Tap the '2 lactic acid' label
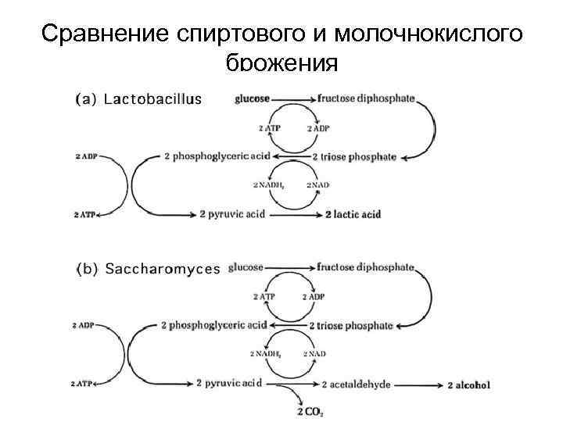tap(353, 214)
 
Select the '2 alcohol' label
tap(469, 384)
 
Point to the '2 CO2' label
tap(311, 411)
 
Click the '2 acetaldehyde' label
tap(356, 384)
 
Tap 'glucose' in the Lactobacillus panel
tap(251, 98)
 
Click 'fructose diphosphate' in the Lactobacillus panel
tap(366, 98)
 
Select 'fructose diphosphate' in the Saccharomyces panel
tap(365, 267)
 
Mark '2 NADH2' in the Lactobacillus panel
tap(266, 185)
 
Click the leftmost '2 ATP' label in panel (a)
tap(84, 214)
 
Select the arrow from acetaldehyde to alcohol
tap(419, 384)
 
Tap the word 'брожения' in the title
tap(281, 63)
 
